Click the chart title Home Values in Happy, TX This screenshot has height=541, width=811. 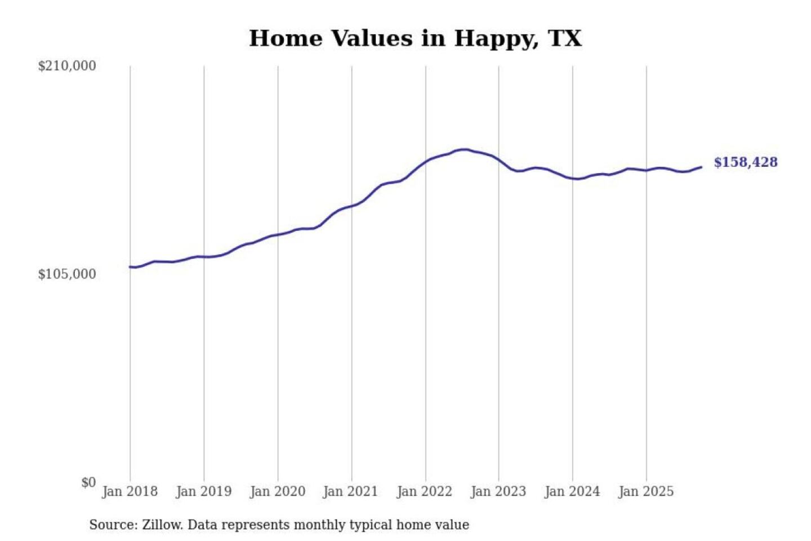(415, 38)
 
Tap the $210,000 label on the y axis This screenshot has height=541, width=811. (67, 66)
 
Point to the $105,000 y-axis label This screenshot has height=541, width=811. (67, 274)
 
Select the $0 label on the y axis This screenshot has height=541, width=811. (88, 482)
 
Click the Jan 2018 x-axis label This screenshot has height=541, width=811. (130, 491)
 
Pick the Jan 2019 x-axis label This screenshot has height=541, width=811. (203, 491)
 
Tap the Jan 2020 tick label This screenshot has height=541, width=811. (277, 491)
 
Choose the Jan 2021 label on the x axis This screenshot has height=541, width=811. (350, 491)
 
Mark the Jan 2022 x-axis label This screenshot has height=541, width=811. (424, 491)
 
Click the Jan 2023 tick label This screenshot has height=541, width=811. (498, 491)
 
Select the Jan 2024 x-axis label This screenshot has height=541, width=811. (572, 491)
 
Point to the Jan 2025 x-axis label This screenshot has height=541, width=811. (645, 491)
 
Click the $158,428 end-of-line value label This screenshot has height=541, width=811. (746, 162)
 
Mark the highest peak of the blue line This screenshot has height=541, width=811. (463, 149)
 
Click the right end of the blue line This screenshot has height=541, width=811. (701, 167)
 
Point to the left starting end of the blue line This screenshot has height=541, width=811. (130, 267)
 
